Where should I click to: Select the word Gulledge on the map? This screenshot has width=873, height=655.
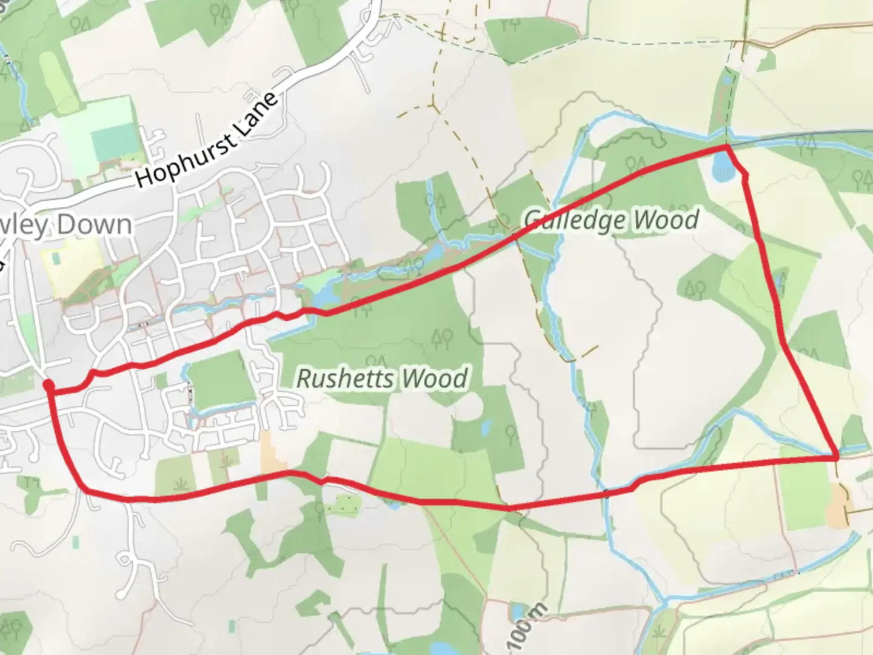click(x=569, y=219)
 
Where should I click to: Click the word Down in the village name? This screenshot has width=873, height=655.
click(x=96, y=225)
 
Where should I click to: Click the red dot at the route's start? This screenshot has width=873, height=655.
click(x=48, y=385)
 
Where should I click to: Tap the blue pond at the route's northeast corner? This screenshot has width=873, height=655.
click(x=721, y=164)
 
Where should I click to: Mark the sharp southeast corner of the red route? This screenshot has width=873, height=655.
click(x=837, y=455)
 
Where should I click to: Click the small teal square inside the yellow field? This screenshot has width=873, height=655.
click(x=57, y=257)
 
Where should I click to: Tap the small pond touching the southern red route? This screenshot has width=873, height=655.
click(x=393, y=503)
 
